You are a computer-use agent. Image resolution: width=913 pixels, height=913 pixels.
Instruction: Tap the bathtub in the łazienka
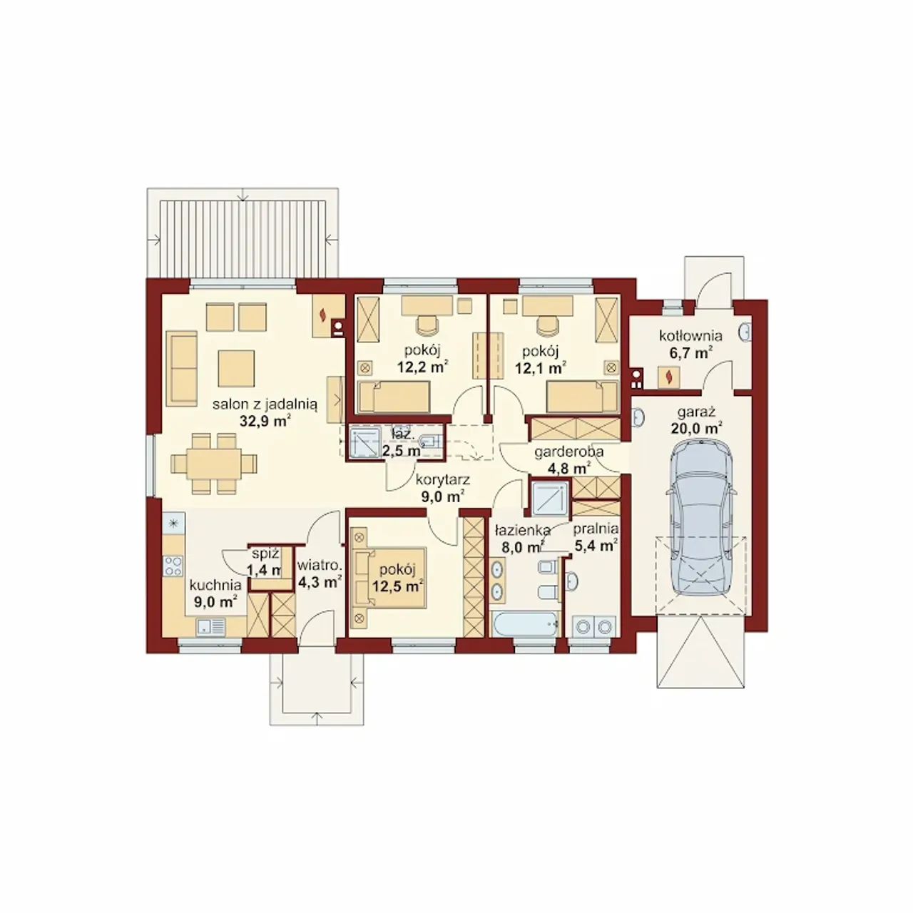[525, 623]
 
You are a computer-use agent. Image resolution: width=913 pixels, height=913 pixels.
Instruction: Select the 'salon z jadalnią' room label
[265, 404]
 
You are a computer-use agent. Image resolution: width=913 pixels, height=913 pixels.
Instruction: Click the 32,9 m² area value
[265, 421]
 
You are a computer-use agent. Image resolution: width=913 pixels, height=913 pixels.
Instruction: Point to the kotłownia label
[690, 336]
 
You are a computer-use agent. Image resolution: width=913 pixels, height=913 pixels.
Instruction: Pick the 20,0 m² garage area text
[696, 428]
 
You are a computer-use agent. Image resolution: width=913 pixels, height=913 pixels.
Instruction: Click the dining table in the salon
[214, 463]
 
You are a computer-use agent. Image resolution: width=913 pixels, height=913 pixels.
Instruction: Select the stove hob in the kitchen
[173, 566]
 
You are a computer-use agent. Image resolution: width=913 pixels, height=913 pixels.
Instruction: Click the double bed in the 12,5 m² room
[389, 578]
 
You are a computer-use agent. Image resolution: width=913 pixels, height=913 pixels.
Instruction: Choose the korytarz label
[442, 479]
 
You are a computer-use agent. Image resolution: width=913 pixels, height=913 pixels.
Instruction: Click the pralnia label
[596, 529]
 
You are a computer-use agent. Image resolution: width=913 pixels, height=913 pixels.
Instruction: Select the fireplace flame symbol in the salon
[323, 314]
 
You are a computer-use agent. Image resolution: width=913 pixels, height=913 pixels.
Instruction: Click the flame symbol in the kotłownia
[668, 377]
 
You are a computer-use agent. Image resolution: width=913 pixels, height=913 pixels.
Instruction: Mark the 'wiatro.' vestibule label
[320, 566]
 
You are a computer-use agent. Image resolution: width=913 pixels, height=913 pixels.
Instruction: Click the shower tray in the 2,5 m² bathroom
[364, 442]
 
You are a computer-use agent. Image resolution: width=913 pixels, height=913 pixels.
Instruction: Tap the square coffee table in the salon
[236, 368]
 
